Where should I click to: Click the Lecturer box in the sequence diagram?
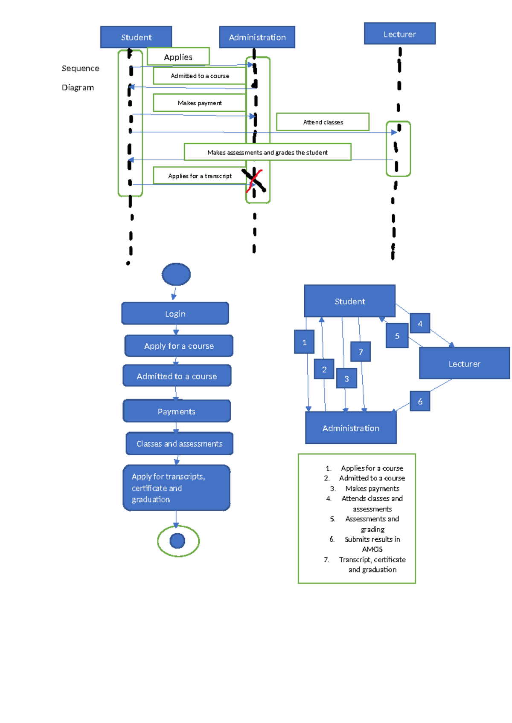399,34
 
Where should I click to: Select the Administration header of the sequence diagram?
257,37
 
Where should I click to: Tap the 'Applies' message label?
178,57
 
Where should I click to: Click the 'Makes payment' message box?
199,103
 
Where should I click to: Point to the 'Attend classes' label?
323,122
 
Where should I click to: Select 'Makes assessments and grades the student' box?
267,152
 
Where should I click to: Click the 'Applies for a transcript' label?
200,176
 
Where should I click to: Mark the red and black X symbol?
254,180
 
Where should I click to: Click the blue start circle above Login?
176,274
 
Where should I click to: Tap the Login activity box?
175,314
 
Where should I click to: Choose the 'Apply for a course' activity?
179,346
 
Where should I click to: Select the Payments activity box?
177,411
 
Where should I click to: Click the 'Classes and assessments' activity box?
179,444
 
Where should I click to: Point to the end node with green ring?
178,541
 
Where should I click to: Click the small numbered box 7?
361,352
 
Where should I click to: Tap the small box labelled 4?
420,324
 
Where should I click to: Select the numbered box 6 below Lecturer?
420,401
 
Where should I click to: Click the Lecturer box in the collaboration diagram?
464,364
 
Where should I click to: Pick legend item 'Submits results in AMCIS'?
372,544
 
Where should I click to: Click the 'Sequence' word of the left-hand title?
80,68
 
